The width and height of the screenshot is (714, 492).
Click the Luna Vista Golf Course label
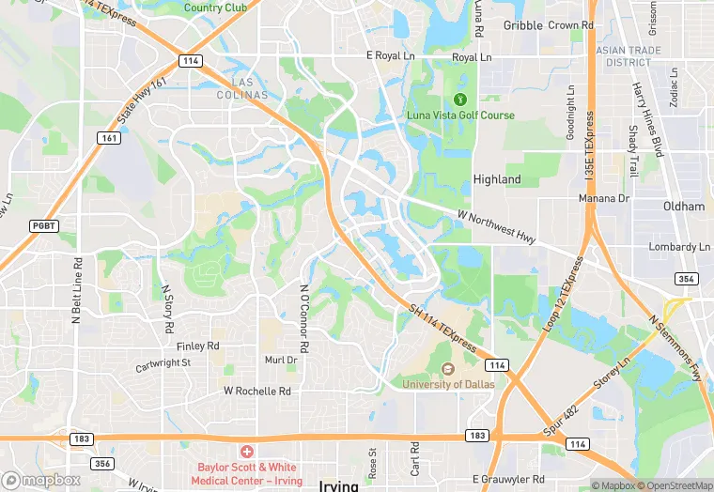(x=460, y=115)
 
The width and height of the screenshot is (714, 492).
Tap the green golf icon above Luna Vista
(x=460, y=99)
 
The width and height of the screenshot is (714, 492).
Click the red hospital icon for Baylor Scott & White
(x=248, y=453)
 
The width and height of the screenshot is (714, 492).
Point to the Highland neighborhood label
(x=497, y=179)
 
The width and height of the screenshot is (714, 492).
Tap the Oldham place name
(x=683, y=207)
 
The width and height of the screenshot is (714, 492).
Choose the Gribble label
(x=523, y=25)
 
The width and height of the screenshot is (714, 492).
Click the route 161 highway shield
(x=110, y=138)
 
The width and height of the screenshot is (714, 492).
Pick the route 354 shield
(x=686, y=279)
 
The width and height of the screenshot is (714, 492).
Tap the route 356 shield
(x=103, y=464)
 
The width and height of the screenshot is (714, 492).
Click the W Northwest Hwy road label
(x=496, y=227)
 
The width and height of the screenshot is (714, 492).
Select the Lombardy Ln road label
(x=679, y=247)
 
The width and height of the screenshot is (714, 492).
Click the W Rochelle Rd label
(x=256, y=391)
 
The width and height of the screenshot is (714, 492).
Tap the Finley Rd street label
(x=199, y=346)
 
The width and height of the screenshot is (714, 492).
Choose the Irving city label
(x=339, y=485)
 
